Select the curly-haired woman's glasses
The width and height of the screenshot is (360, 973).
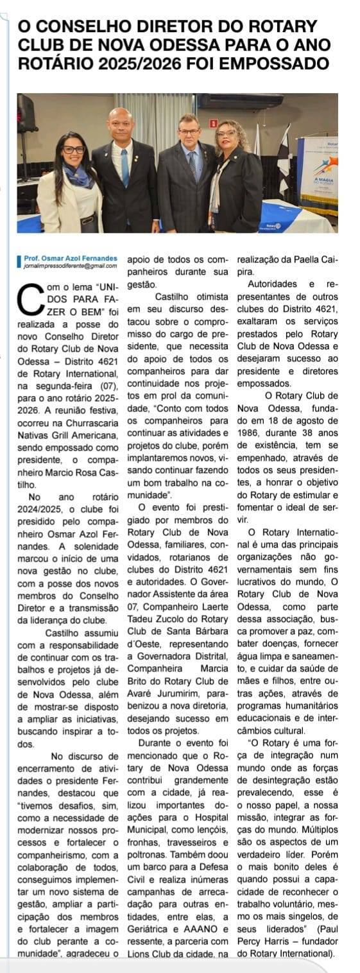coord(227,133)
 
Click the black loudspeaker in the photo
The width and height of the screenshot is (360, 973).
coord(26,112)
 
